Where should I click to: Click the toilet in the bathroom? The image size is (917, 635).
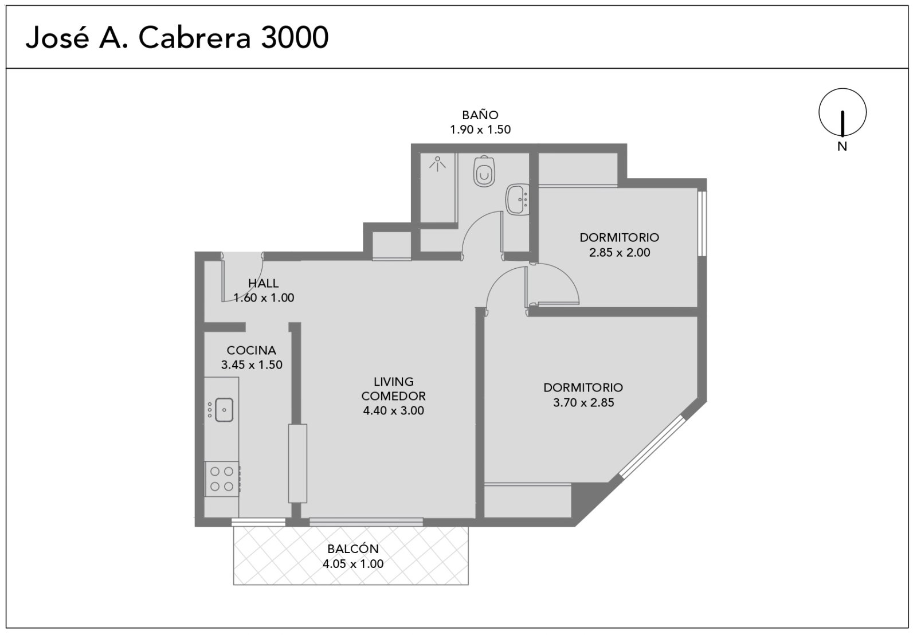coord(484,171)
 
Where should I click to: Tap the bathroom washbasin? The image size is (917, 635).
coord(518,199)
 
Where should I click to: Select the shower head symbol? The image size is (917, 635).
coord(438,164)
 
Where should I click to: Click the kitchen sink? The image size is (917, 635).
coord(224,410)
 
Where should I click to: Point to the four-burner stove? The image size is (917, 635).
coord(222,479)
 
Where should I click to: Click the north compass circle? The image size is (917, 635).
coord(842,112)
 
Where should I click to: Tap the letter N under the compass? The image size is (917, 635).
coord(842,146)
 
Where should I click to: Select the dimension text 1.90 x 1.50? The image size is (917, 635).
coord(480,130)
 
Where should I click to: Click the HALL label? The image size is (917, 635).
coord(263,283)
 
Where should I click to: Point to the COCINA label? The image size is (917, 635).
coord(252,350)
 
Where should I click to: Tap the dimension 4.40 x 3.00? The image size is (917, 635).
coord(393,410)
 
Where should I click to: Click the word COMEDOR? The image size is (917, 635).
coord(393,396)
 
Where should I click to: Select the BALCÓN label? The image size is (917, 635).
coord(353,548)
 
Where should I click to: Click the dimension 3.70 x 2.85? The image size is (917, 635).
coord(583,402)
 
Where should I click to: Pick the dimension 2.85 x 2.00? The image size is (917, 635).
coord(620,252)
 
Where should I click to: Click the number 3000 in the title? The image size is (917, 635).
coord(295,37)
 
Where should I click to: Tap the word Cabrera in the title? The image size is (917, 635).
coord(194,37)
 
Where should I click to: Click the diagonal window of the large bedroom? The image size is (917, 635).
coord(652,446)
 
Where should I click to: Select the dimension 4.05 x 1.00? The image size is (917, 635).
coord(353,564)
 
